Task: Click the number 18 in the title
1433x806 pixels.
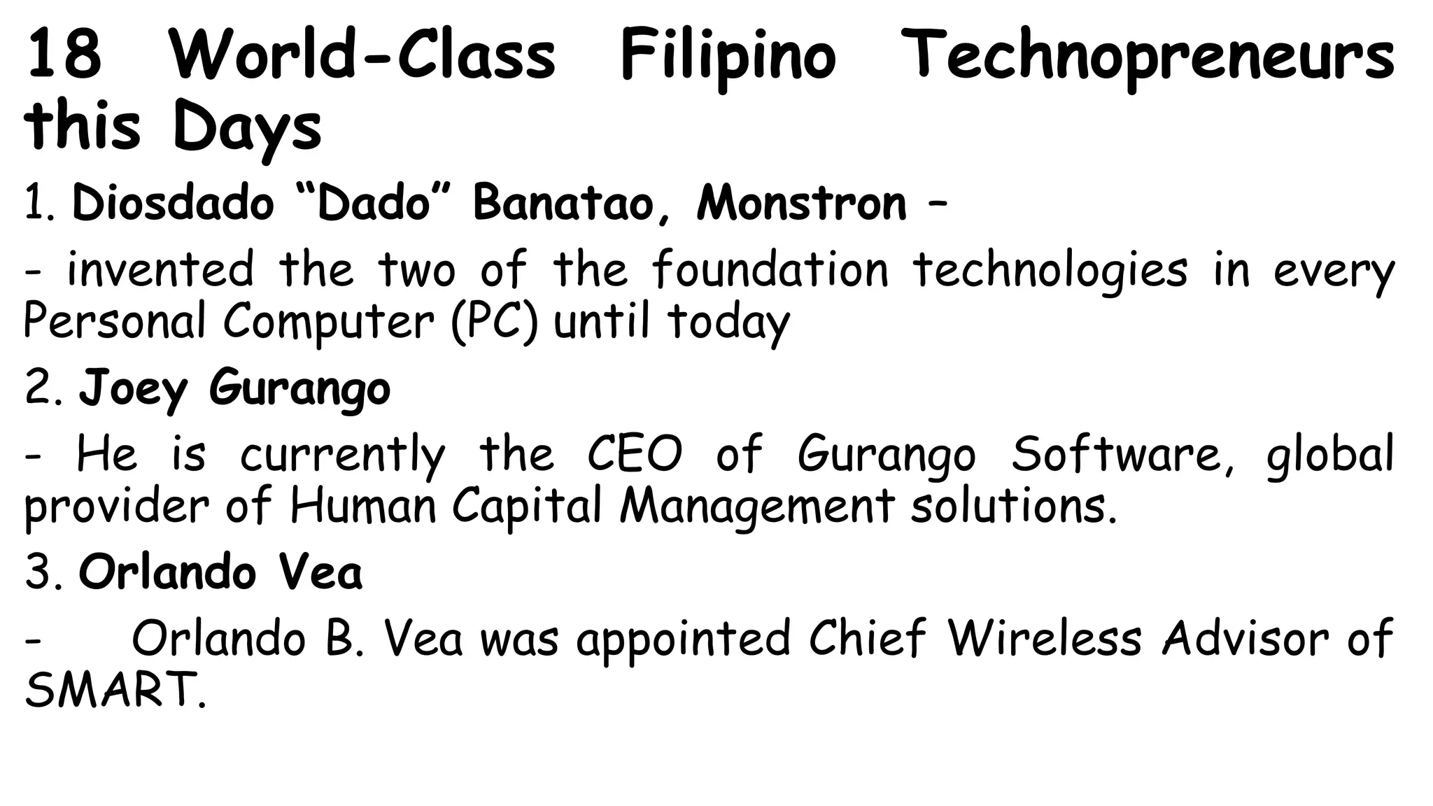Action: point(64,54)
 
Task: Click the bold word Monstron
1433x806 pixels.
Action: point(801,204)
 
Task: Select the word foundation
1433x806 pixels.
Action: point(770,269)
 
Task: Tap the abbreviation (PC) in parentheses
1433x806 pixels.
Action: point(495,321)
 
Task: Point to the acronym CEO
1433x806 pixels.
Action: point(634,454)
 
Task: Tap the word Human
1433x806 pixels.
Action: point(363,506)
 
